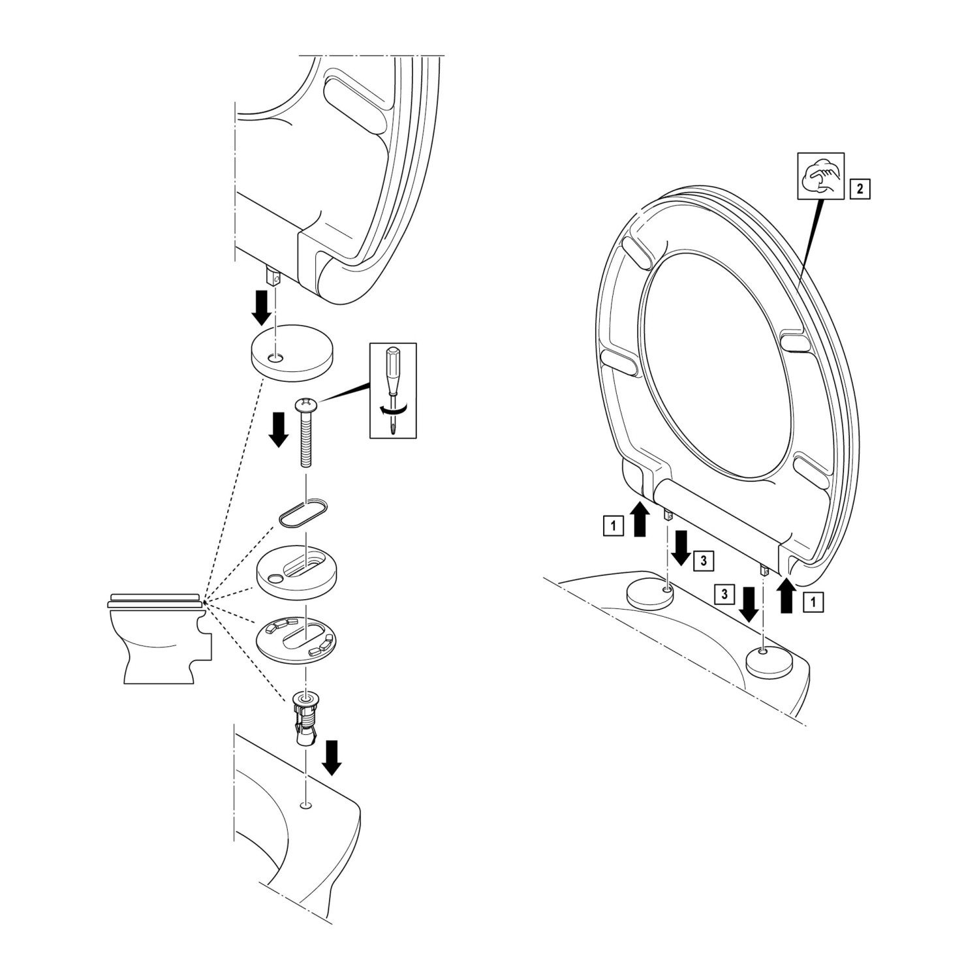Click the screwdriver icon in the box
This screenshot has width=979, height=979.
point(393,390)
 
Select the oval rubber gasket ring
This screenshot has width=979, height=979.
point(303,510)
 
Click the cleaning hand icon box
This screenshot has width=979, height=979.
point(821,176)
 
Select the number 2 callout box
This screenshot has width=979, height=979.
point(860,189)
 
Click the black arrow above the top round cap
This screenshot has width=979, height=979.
point(262,307)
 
